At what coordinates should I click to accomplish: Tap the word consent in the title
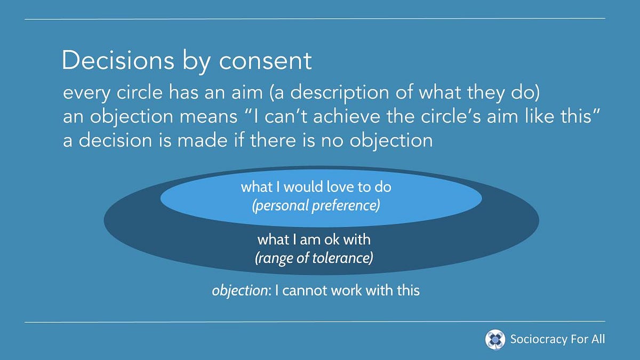pyautogui.click(x=265, y=61)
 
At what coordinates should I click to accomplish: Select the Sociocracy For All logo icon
pyautogui.click(x=495, y=339)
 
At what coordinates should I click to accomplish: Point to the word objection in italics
pyautogui.click(x=239, y=291)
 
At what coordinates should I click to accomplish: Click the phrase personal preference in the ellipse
pyautogui.click(x=316, y=205)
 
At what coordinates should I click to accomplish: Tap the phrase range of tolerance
pyautogui.click(x=314, y=258)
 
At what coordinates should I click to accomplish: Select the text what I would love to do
pyautogui.click(x=316, y=187)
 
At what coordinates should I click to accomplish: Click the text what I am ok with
pyautogui.click(x=314, y=239)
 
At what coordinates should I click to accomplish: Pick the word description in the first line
pyautogui.click(x=340, y=93)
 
